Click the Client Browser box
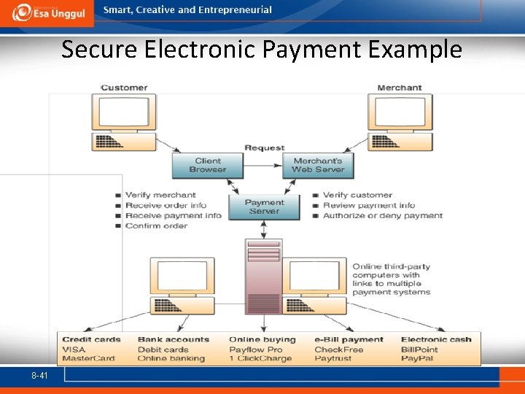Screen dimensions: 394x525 pyautogui.click(x=208, y=166)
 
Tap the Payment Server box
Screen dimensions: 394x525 pyautogui.click(x=264, y=206)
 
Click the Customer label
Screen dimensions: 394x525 pyautogui.click(x=124, y=88)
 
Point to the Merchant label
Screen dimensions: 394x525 pyautogui.click(x=399, y=88)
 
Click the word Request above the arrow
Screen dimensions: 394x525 pyautogui.click(x=264, y=147)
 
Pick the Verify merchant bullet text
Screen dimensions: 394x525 pyautogui.click(x=160, y=195)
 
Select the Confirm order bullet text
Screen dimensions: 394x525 pyautogui.click(x=156, y=225)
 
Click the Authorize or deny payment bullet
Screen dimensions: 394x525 pyautogui.click(x=383, y=215)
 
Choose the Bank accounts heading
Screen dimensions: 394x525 pyautogui.click(x=174, y=339)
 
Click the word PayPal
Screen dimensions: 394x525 pyautogui.click(x=418, y=358)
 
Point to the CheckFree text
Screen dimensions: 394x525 pyautogui.click(x=339, y=349)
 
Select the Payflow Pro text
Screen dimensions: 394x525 pyautogui.click(x=256, y=349)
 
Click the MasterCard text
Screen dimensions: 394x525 pyautogui.click(x=89, y=358)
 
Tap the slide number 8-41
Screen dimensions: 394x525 pyautogui.click(x=39, y=375)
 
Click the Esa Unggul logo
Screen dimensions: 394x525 pyautogui.click(x=47, y=12)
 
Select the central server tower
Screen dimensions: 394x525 pyautogui.click(x=263, y=277)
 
